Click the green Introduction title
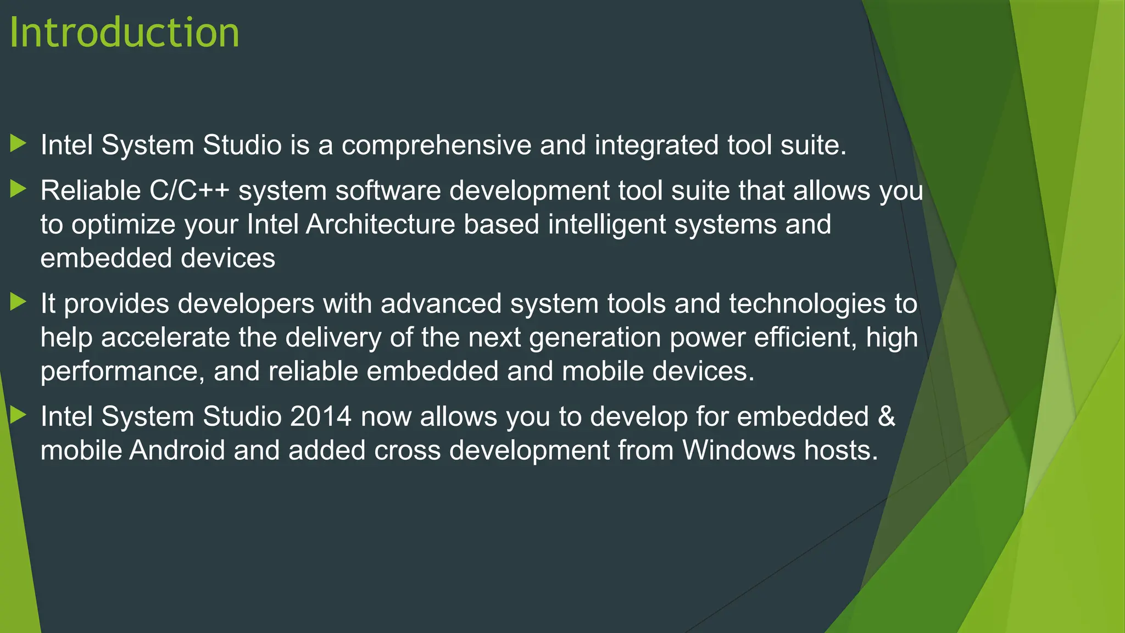[x=125, y=33]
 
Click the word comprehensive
[x=436, y=146]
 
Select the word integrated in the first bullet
[x=656, y=146]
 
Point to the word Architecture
[x=380, y=225]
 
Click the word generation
[x=595, y=337]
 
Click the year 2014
[x=321, y=417]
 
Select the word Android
[x=177, y=451]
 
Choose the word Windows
[x=739, y=451]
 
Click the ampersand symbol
[x=886, y=417]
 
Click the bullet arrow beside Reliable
[x=19, y=190]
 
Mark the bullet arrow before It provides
[x=19, y=302]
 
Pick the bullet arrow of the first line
[x=19, y=144]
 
